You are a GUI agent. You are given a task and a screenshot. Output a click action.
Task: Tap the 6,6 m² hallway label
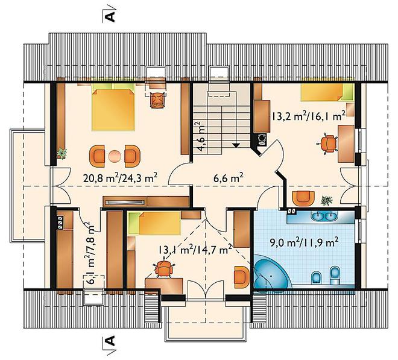pos(229,178)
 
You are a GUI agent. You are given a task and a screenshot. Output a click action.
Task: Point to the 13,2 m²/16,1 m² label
pos(308,116)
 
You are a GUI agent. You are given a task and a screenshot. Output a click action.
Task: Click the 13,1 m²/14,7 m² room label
pos(195,249)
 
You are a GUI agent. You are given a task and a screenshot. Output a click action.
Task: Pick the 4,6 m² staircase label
pos(201,137)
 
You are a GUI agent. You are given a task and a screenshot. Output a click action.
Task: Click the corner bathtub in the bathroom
pos(271,272)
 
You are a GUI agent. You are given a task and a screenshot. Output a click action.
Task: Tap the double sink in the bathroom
pos(324,216)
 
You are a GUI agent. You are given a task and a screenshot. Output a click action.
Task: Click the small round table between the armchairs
pos(115,156)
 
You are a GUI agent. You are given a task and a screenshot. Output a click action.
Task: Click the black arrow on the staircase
pos(236,145)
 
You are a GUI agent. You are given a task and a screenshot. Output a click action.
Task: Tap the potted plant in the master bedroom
pos(62,153)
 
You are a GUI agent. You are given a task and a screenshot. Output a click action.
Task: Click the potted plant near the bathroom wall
pos(326,201)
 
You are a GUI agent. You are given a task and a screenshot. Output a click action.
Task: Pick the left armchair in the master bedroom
pos(96,156)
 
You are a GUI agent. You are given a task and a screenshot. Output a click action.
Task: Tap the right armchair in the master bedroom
pos(133,156)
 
